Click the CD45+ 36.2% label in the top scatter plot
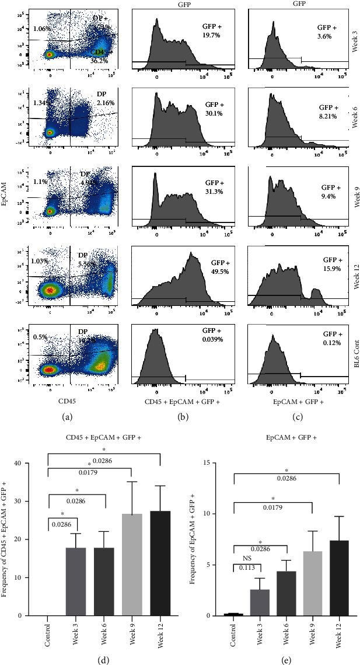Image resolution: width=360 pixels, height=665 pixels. click(x=101, y=55)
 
